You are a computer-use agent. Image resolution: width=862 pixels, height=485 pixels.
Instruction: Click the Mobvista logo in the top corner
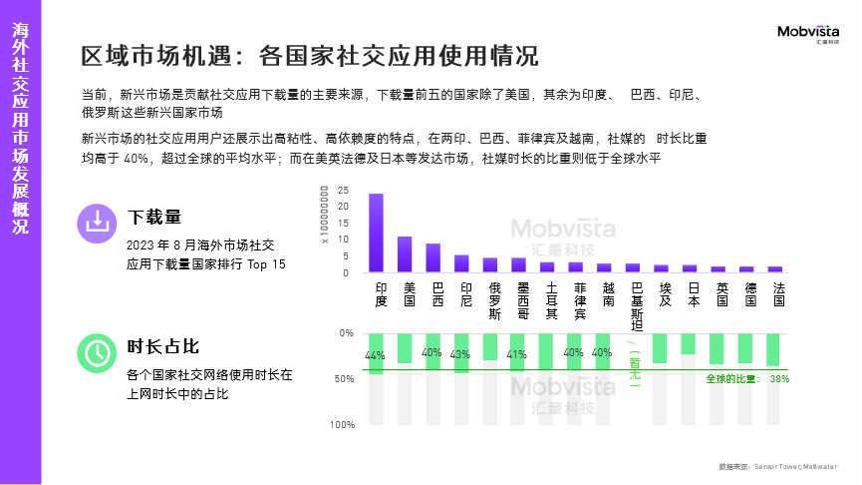point(808,35)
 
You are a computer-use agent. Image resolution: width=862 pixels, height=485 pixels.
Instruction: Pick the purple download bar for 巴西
point(433,257)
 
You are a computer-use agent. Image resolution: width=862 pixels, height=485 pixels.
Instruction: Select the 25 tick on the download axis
point(343,190)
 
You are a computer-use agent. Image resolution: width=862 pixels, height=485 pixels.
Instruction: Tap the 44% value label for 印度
point(375,356)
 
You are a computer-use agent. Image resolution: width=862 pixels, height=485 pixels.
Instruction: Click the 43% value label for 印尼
point(460,354)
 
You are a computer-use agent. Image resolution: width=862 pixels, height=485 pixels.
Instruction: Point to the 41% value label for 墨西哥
point(517,354)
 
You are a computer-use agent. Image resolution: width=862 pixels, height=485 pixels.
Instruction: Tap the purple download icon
point(97,223)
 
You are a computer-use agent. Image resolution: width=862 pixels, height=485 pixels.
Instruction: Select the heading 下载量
point(154,217)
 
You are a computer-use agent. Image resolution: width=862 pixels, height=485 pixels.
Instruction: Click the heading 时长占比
point(163,346)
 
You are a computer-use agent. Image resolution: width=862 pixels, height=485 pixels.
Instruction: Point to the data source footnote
point(777,466)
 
